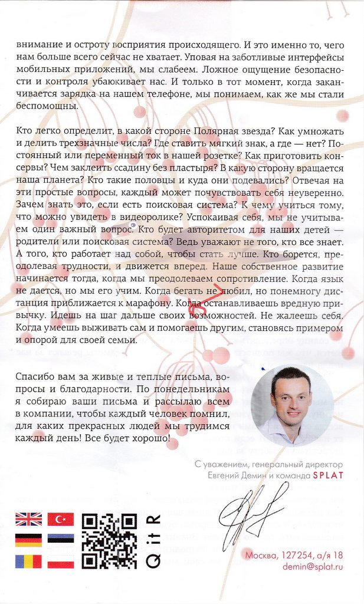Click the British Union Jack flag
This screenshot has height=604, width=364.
coord(28,519)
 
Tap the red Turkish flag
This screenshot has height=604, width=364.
coord(60,519)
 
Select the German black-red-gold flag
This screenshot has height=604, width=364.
coord(28,540)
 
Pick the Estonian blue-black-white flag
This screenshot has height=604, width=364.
coord(60,540)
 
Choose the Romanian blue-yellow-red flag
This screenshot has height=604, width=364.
coord(28,562)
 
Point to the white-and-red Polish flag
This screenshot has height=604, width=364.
coord(60,562)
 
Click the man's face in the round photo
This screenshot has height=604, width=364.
coord(291,396)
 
